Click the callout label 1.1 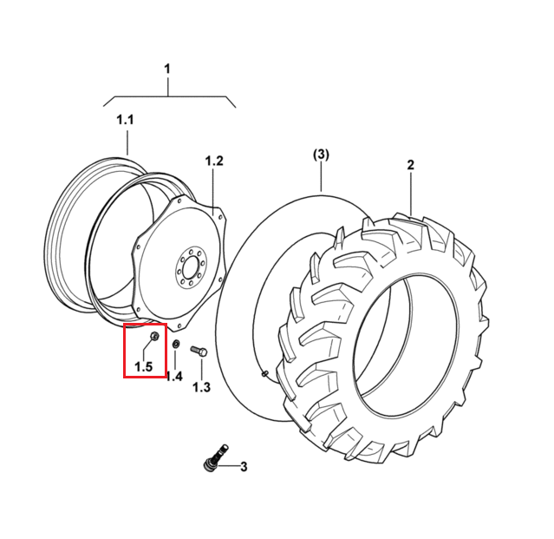pyautogui.click(x=125, y=120)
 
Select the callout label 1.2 pyautogui.click(x=214, y=161)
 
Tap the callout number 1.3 pyautogui.click(x=201, y=387)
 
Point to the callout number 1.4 pyautogui.click(x=174, y=376)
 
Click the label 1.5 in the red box pyautogui.click(x=143, y=367)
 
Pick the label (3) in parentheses pyautogui.click(x=321, y=154)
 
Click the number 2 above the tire pyautogui.click(x=410, y=165)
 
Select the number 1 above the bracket pyautogui.click(x=167, y=69)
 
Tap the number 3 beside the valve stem pyautogui.click(x=244, y=467)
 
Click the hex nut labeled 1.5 pyautogui.click(x=154, y=336)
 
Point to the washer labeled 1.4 pyautogui.click(x=176, y=344)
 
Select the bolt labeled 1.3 pyautogui.click(x=199, y=351)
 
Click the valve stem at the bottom pyautogui.click(x=216, y=457)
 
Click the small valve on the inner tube pyautogui.click(x=264, y=372)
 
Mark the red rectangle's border pyautogui.click(x=124, y=351)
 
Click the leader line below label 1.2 pyautogui.click(x=214, y=191)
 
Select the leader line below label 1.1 pyautogui.click(x=127, y=143)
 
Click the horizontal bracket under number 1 pyautogui.click(x=169, y=96)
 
